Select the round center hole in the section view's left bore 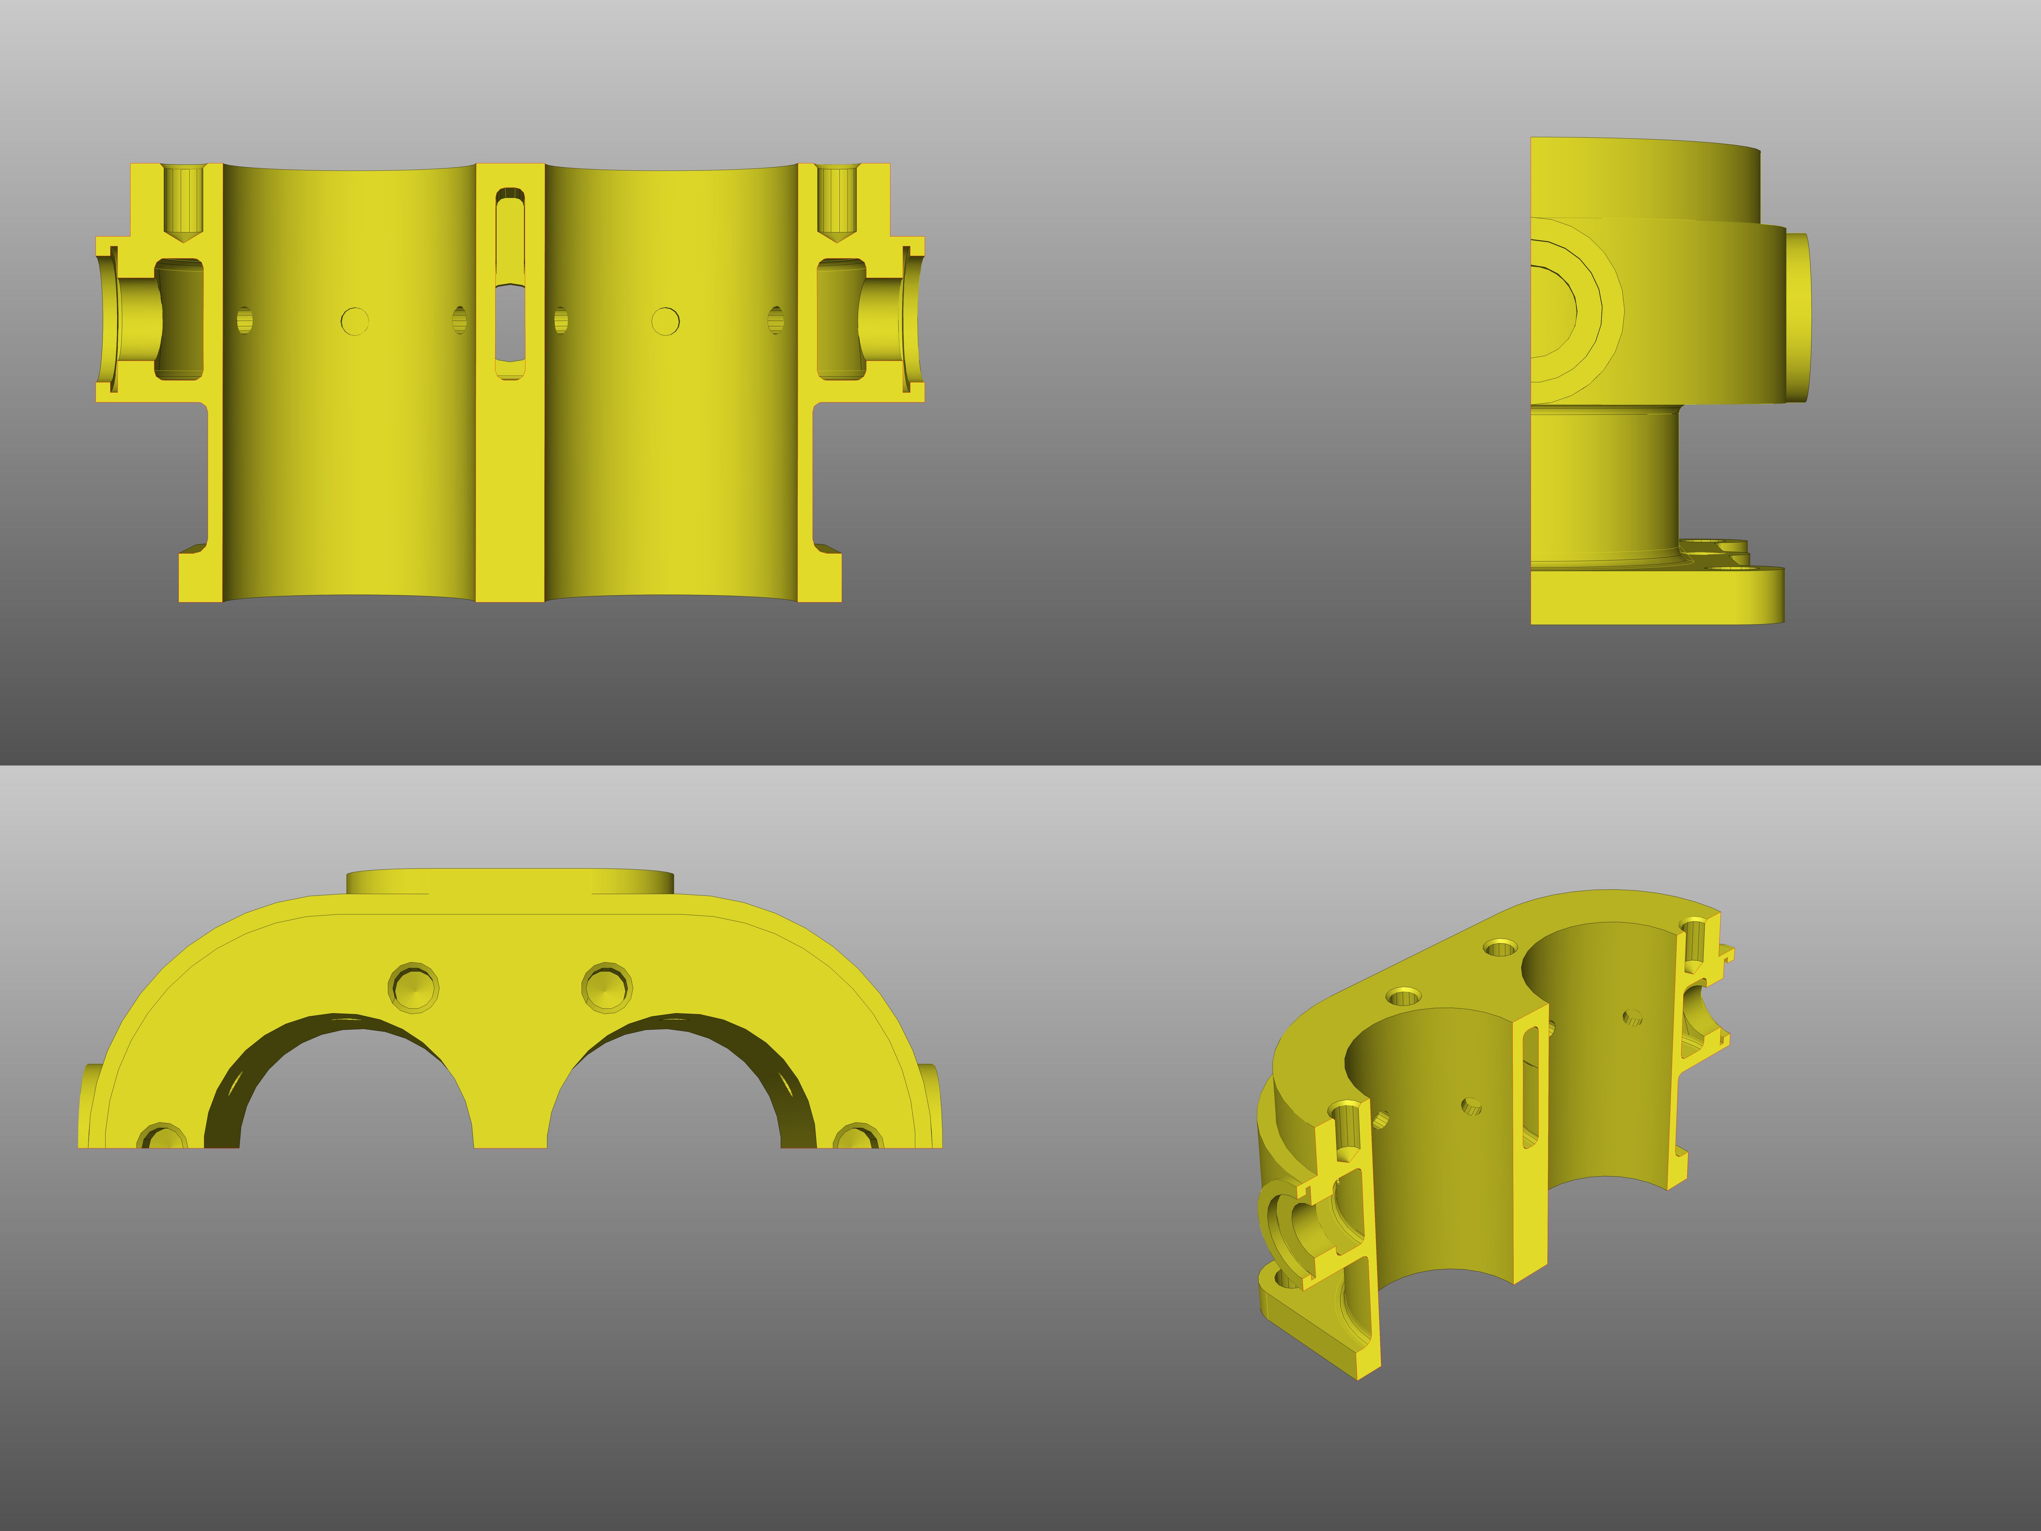coord(354,321)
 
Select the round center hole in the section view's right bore coord(665,321)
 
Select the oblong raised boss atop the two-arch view coord(509,881)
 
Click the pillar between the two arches coord(509,1098)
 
